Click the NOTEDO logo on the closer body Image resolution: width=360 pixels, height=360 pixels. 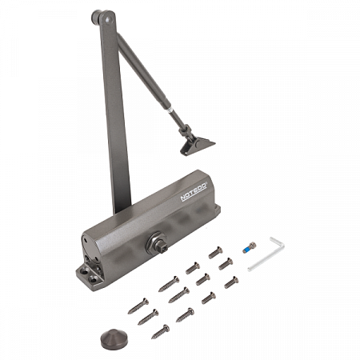[194, 191]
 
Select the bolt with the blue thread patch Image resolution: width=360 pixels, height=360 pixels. [250, 247]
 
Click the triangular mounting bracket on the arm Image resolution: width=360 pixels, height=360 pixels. [198, 146]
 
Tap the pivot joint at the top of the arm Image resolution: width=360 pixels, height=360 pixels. [103, 18]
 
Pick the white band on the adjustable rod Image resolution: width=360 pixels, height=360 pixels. [170, 110]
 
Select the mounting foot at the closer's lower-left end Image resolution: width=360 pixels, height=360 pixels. [90, 278]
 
